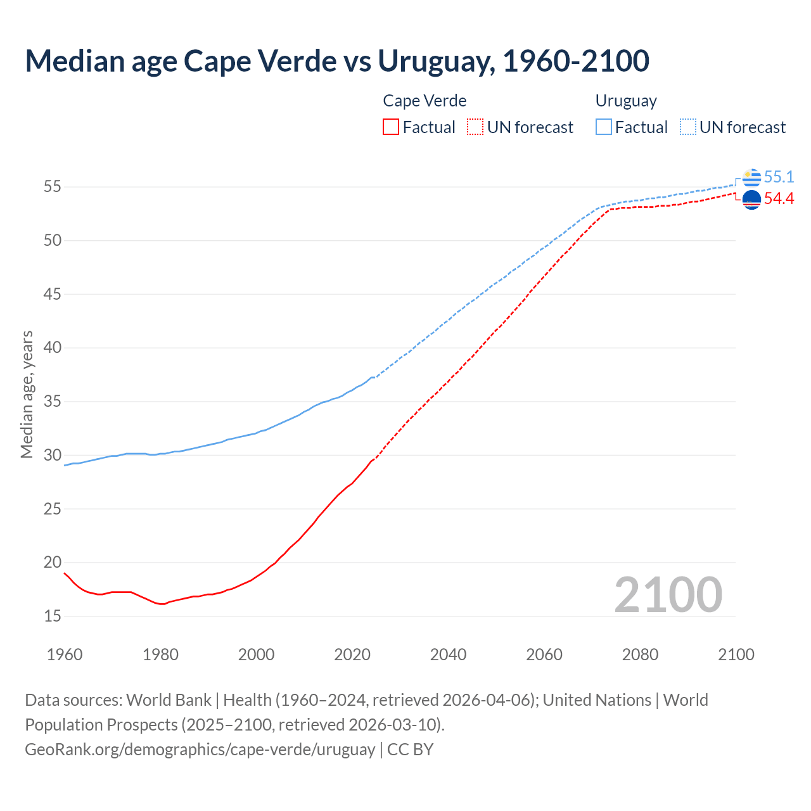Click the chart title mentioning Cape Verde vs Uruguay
click(x=336, y=61)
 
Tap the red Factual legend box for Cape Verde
click(x=391, y=127)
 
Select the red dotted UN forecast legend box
click(x=475, y=127)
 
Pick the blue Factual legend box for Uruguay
click(x=604, y=127)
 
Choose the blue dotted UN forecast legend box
click(x=688, y=127)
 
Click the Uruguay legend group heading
click(x=626, y=101)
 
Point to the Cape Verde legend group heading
click(x=425, y=101)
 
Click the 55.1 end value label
click(x=779, y=177)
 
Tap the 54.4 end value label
click(x=779, y=199)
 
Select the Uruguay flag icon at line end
click(x=751, y=177)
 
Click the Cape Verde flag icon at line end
click(x=751, y=200)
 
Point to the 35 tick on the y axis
click(x=53, y=402)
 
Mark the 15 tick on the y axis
click(x=53, y=616)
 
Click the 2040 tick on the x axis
click(x=448, y=655)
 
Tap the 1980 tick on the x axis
click(x=160, y=655)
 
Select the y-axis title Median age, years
click(x=27, y=394)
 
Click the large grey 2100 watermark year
click(x=668, y=594)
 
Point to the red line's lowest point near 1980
click(x=163, y=604)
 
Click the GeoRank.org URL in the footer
click(x=200, y=750)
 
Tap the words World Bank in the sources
click(x=169, y=700)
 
